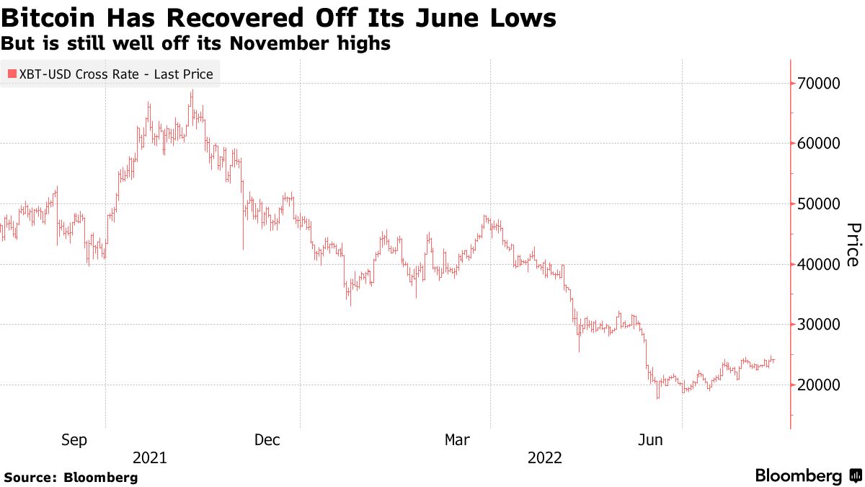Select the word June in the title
tap(433, 18)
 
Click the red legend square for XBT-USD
tap(12, 74)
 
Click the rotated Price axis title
tap(852, 245)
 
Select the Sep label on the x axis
tap(76, 440)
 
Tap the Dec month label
tap(267, 440)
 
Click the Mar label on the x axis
tap(459, 440)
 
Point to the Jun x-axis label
tap(652, 440)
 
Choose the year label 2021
tap(150, 458)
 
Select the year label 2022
tap(545, 458)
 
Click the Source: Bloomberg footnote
tap(71, 478)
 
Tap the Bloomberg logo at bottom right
tap(807, 476)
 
